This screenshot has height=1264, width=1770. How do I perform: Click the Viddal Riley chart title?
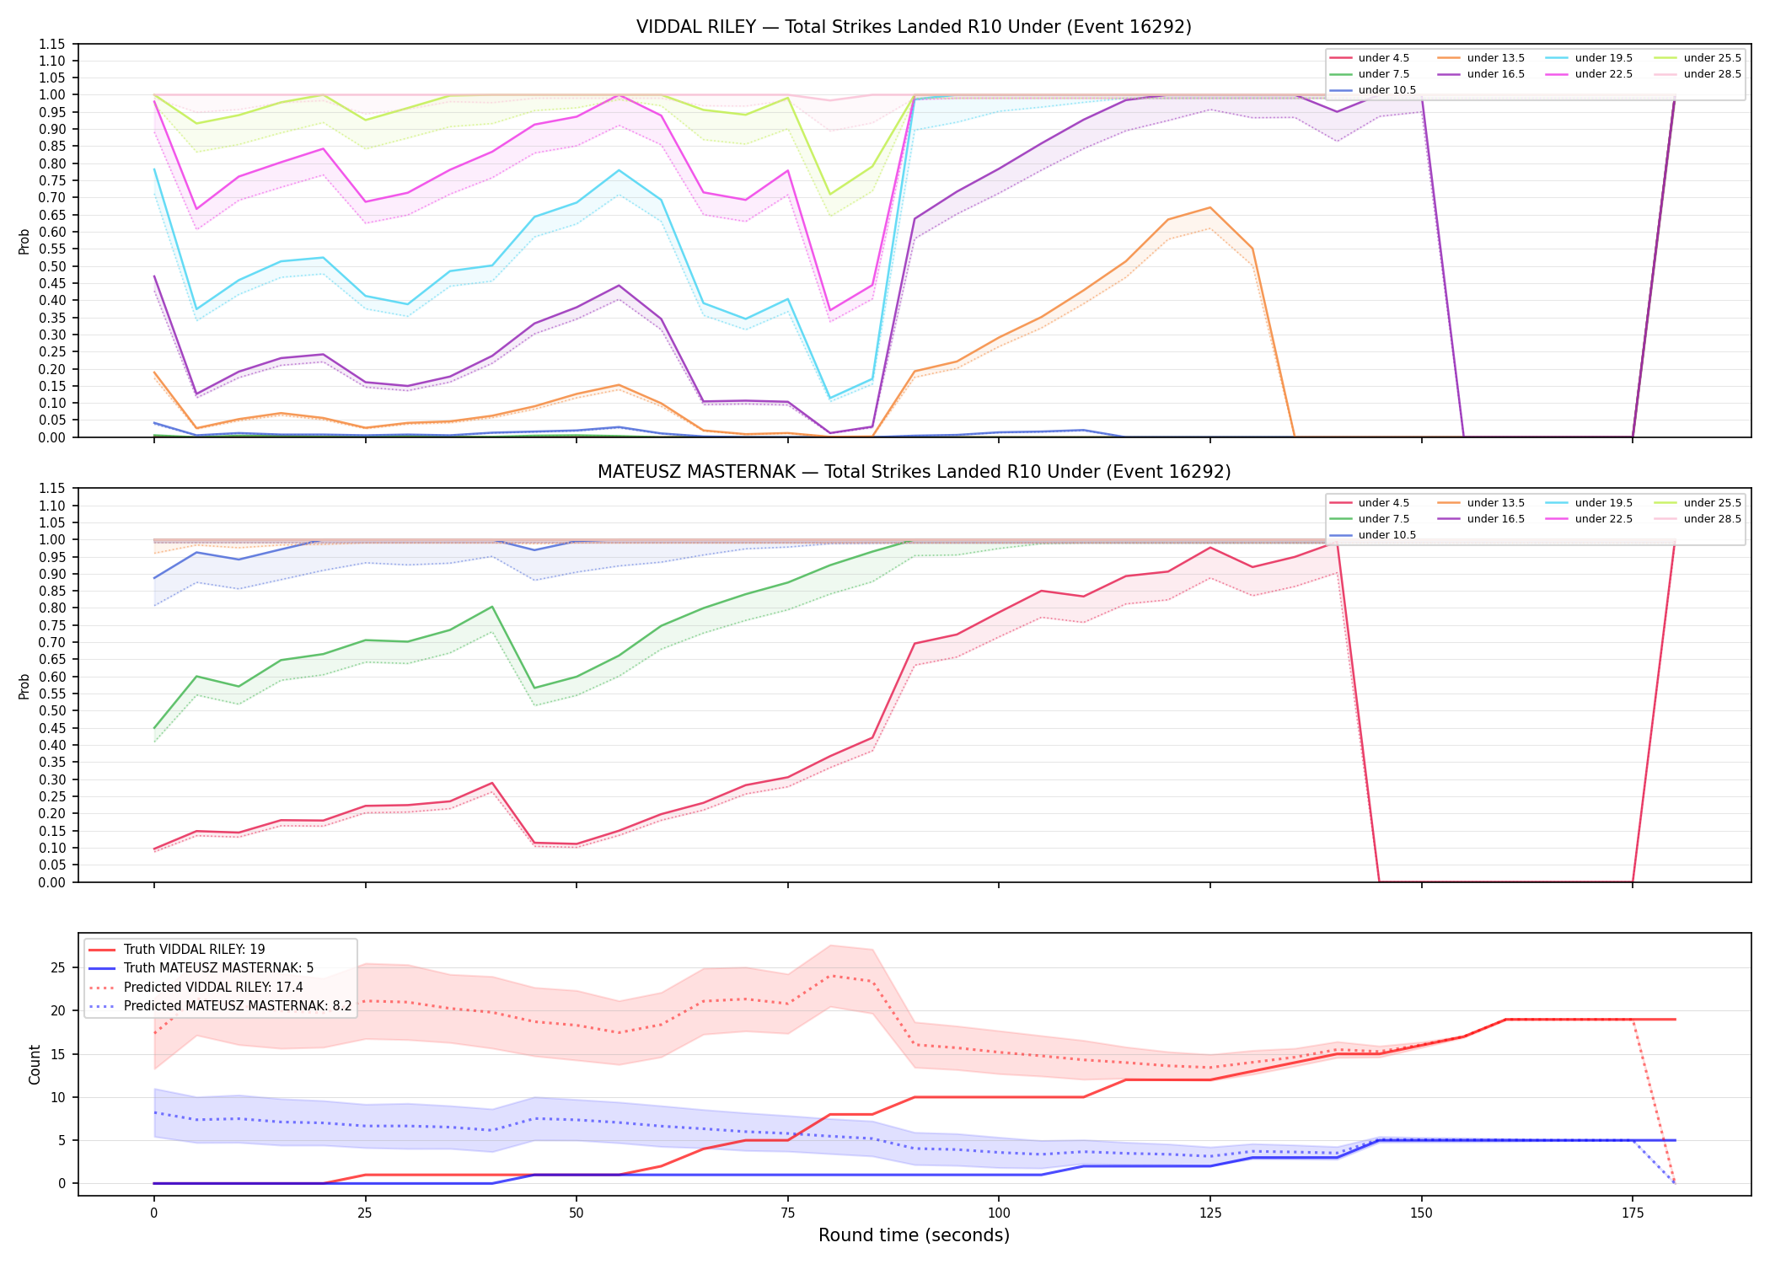(914, 27)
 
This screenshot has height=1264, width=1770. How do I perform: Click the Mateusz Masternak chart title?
(914, 472)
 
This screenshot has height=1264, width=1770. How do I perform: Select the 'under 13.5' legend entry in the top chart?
(1481, 58)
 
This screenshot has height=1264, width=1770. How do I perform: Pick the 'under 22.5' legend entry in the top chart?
(1589, 74)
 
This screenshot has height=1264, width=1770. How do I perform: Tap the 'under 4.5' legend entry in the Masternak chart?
(1370, 503)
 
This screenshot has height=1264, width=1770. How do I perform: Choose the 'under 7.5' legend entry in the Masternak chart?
(1370, 519)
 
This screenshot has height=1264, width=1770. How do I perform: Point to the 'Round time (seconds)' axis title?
(914, 1235)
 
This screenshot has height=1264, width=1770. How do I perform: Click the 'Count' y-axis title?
(35, 1064)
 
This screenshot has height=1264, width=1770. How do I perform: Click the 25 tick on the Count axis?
(58, 967)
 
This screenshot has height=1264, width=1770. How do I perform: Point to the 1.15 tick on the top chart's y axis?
(51, 44)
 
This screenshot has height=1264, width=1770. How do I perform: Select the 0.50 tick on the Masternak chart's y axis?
(51, 710)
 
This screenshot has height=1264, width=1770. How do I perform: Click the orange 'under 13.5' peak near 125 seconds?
(1210, 207)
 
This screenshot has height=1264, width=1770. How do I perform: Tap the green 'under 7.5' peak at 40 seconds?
(491, 607)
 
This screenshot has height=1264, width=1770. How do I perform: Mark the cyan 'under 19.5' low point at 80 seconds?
(830, 398)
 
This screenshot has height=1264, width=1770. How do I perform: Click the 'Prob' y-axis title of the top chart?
(24, 241)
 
